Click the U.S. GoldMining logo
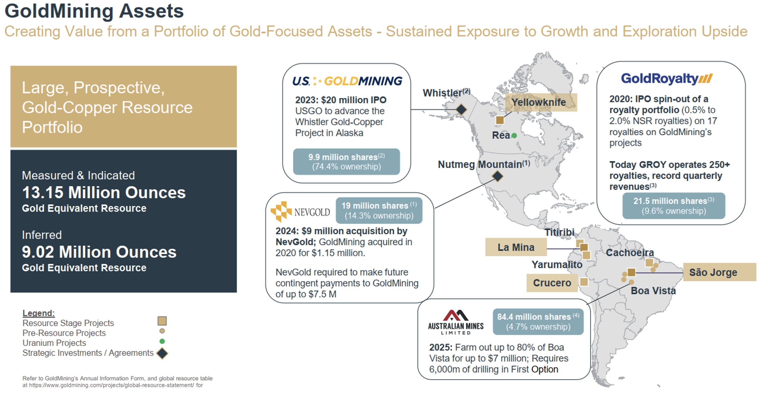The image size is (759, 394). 347,81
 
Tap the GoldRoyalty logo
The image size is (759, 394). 667,78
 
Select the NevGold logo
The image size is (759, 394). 300,212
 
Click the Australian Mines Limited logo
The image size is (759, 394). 456,322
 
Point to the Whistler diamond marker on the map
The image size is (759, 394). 461,109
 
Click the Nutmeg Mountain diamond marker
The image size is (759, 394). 497,176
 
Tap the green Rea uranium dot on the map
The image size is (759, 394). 514,136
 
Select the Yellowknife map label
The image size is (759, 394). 539,102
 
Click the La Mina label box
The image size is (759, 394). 516,247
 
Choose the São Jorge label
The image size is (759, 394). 713,272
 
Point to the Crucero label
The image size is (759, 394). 552,283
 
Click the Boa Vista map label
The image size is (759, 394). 653,290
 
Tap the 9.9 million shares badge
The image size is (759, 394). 346,162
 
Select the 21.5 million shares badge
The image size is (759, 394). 674,206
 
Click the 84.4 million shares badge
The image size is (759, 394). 538,322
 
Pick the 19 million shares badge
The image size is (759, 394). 379,210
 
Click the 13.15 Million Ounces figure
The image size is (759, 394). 104,192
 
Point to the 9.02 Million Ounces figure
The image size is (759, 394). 99,252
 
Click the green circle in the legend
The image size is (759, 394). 162,341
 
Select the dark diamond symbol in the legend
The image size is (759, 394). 162,353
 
